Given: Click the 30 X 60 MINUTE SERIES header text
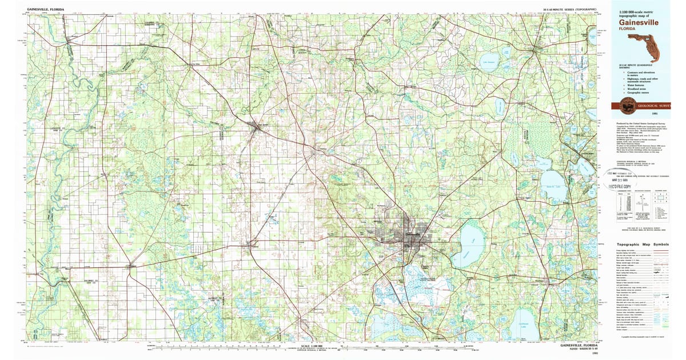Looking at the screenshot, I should coord(569,10).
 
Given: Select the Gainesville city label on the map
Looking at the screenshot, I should coord(413,234).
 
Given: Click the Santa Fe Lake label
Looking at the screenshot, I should coord(552,186).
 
